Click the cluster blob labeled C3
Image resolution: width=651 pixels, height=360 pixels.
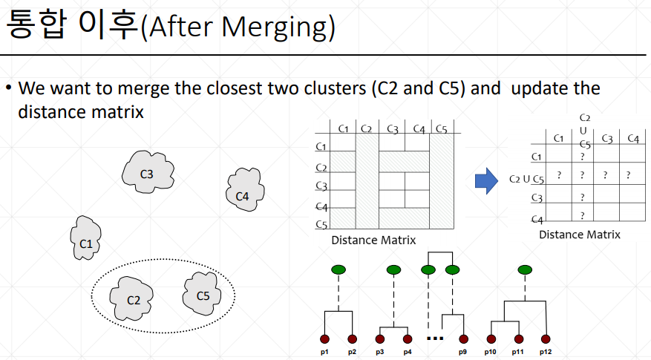[147, 173]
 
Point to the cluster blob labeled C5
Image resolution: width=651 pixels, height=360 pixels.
[203, 294]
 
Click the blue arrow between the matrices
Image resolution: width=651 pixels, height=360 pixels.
[485, 180]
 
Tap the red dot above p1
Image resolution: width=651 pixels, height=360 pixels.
[324, 338]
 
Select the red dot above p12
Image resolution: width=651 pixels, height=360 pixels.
[546, 338]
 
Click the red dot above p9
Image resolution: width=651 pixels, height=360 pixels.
[463, 338]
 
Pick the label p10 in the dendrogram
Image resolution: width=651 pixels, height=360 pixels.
[490, 350]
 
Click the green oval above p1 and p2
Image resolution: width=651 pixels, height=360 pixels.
[338, 269]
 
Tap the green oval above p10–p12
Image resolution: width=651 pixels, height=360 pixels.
[524, 269]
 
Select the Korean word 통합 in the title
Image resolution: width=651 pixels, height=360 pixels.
[36, 27]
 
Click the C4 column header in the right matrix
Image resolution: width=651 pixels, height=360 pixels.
[632, 138]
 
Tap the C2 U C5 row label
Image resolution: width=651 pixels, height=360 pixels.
[527, 178]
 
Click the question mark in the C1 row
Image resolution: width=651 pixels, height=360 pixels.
[583, 157]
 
